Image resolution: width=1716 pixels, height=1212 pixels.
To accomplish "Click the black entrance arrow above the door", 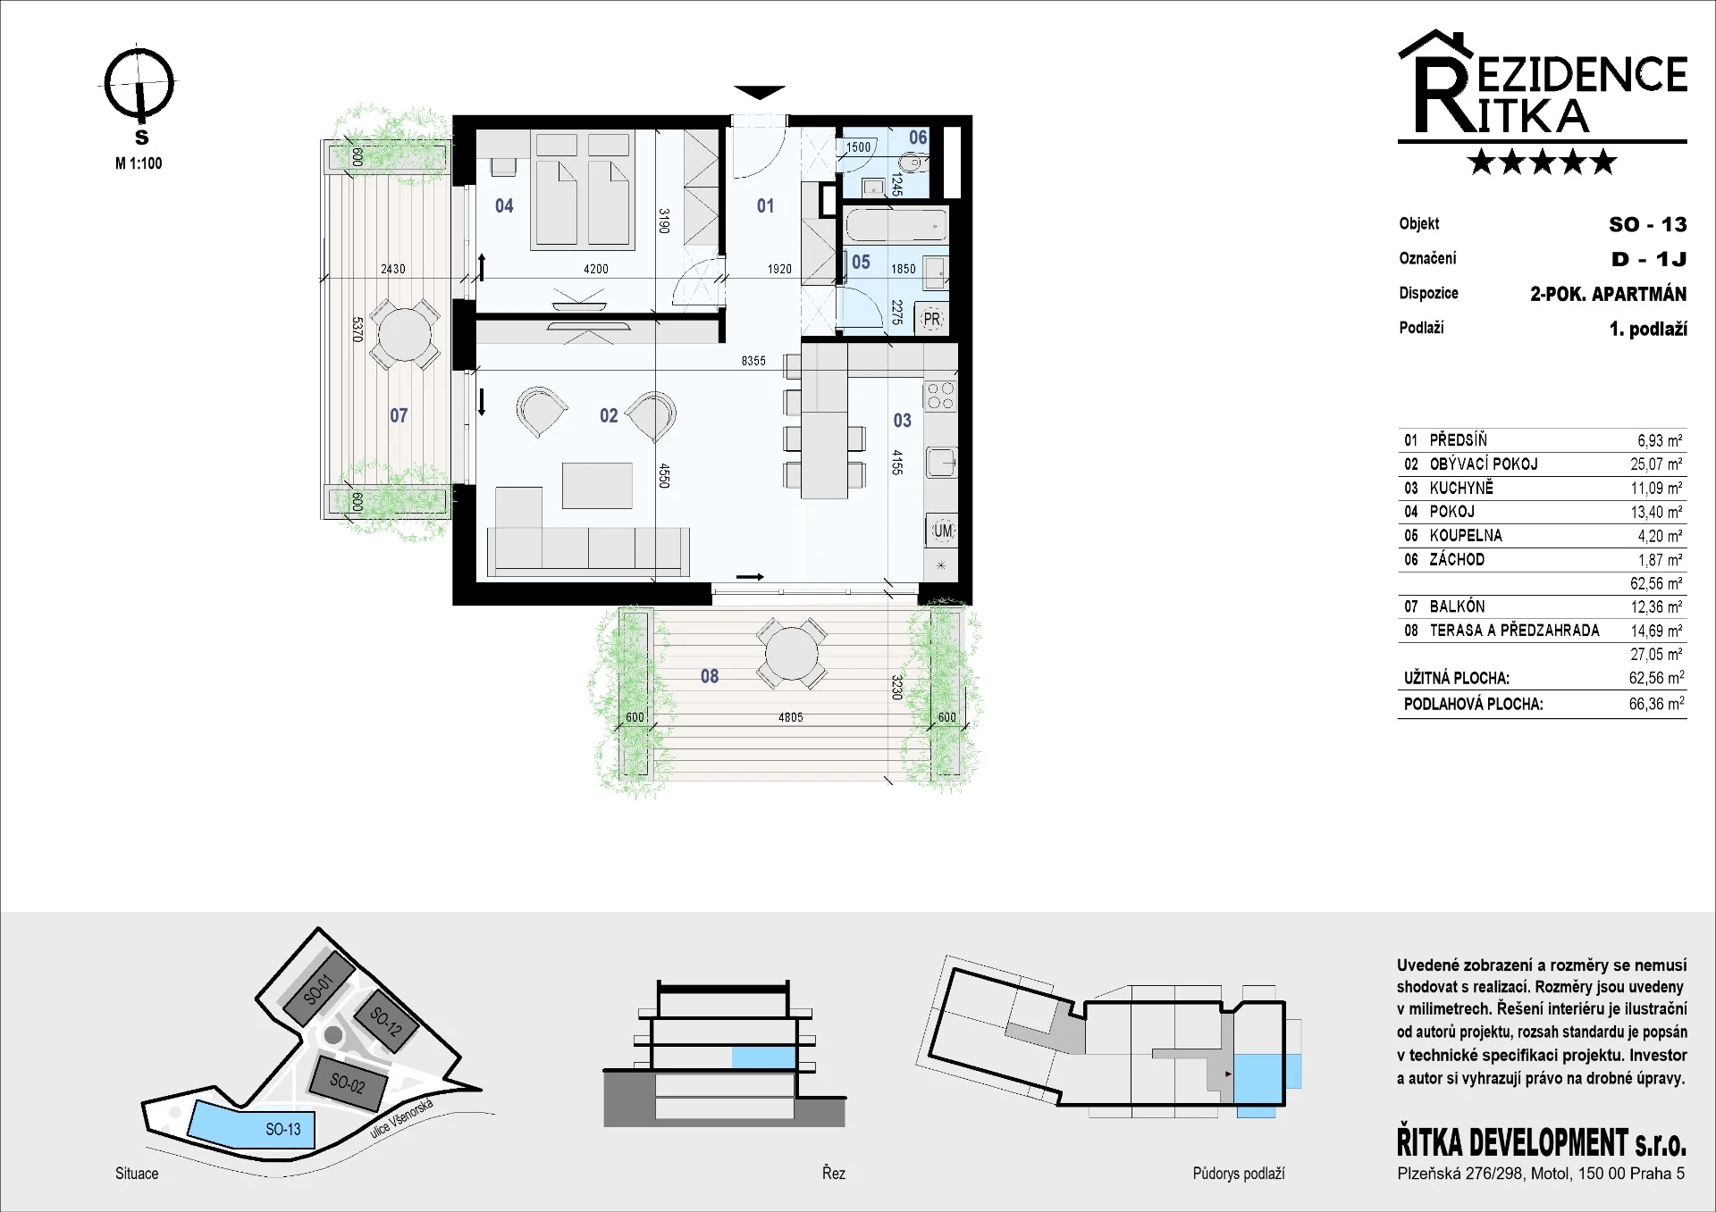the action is pyautogui.click(x=759, y=92).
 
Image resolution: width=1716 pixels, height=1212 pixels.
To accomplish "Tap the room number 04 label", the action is pyautogui.click(x=504, y=206).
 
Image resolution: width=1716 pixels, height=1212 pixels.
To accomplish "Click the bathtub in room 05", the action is pyautogui.click(x=896, y=225).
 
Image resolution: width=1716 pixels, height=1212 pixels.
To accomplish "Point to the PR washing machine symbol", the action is pyautogui.click(x=931, y=319).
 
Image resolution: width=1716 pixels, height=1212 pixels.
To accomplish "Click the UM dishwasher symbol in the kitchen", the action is pyautogui.click(x=942, y=531).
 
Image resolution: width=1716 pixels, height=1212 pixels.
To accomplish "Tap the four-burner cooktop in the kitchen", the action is pyautogui.click(x=940, y=396).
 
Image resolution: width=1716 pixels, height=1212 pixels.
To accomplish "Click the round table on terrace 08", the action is pyautogui.click(x=790, y=655).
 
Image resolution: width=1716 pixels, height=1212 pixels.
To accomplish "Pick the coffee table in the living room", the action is pyautogui.click(x=597, y=485).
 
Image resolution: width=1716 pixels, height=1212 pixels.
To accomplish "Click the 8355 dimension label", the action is pyautogui.click(x=753, y=361).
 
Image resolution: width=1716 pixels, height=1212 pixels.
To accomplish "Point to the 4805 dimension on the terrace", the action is pyautogui.click(x=790, y=717).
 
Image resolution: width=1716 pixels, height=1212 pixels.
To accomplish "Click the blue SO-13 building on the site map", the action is pyautogui.click(x=247, y=1124).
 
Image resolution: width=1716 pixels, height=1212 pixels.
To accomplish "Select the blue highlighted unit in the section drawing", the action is pyautogui.click(x=763, y=1057).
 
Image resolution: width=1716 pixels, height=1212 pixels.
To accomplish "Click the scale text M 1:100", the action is pyautogui.click(x=139, y=163).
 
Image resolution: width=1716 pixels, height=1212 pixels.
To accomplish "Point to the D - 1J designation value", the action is pyautogui.click(x=1649, y=259).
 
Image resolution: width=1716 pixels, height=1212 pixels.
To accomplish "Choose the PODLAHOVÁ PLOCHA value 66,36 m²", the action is pyautogui.click(x=1656, y=704).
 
